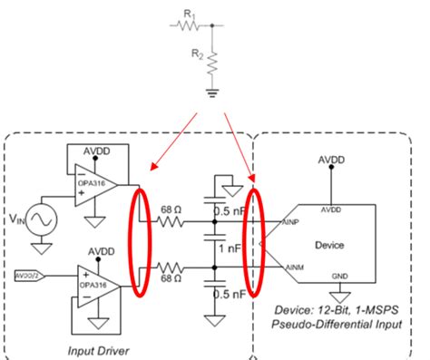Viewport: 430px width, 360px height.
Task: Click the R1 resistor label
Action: tap(188, 15)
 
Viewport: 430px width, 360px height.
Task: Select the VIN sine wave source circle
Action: tap(43, 218)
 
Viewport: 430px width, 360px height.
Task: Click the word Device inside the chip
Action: tap(329, 243)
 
